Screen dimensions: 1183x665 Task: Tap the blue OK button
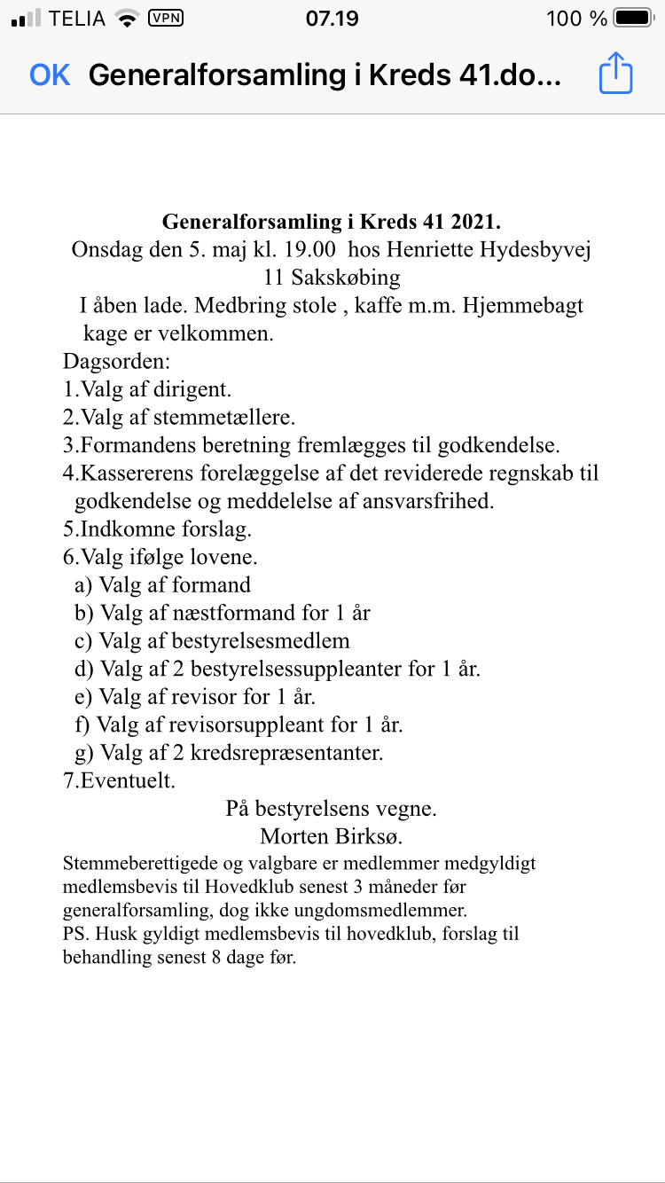pyautogui.click(x=50, y=75)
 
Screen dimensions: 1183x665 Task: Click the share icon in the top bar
pyautogui.click(x=615, y=74)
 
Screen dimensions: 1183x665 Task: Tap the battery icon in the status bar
pyautogui.click(x=633, y=18)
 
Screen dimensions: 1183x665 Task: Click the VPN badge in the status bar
pyautogui.click(x=165, y=18)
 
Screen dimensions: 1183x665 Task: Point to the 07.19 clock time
pyautogui.click(x=332, y=19)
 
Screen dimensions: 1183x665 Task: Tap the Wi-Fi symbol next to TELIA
pyautogui.click(x=128, y=18)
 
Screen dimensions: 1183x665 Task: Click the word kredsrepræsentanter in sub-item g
pyautogui.click(x=286, y=753)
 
